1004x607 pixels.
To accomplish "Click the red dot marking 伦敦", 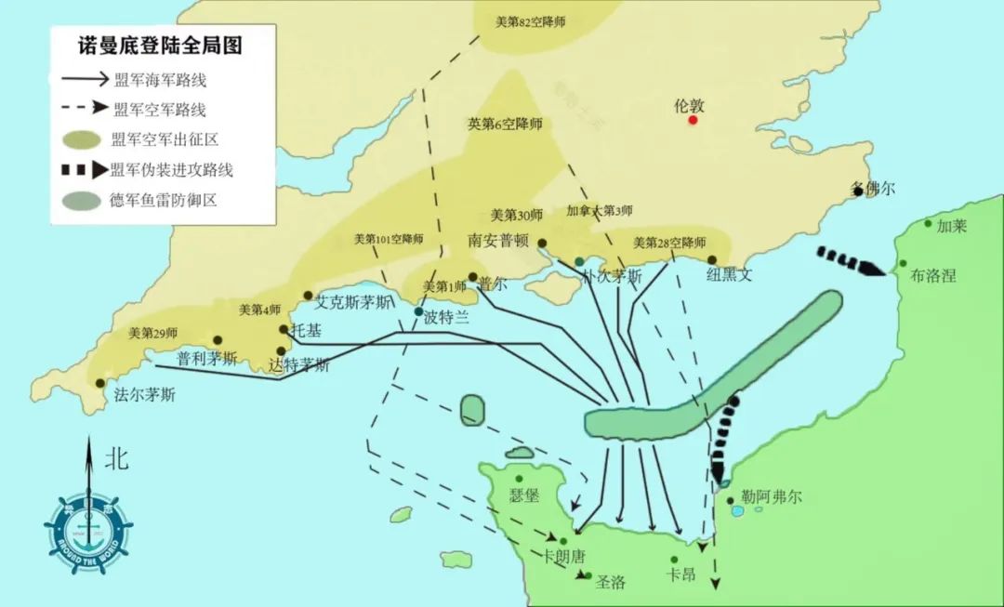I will click(693, 120).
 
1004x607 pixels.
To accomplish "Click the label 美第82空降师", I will click(530, 21).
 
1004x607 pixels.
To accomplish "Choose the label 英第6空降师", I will click(505, 124).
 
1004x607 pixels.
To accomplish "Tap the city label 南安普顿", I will click(498, 240).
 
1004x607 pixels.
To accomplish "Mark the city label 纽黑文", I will click(729, 274).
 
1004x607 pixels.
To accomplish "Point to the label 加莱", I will click(952, 226).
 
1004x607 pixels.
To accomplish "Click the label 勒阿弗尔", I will click(772, 497).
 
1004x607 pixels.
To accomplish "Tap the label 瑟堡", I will click(524, 496).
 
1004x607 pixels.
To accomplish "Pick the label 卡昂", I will click(680, 574).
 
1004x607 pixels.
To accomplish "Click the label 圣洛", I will click(611, 583).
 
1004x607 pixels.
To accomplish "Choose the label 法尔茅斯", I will click(144, 394).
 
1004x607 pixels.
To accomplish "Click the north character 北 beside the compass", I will click(116, 457).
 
